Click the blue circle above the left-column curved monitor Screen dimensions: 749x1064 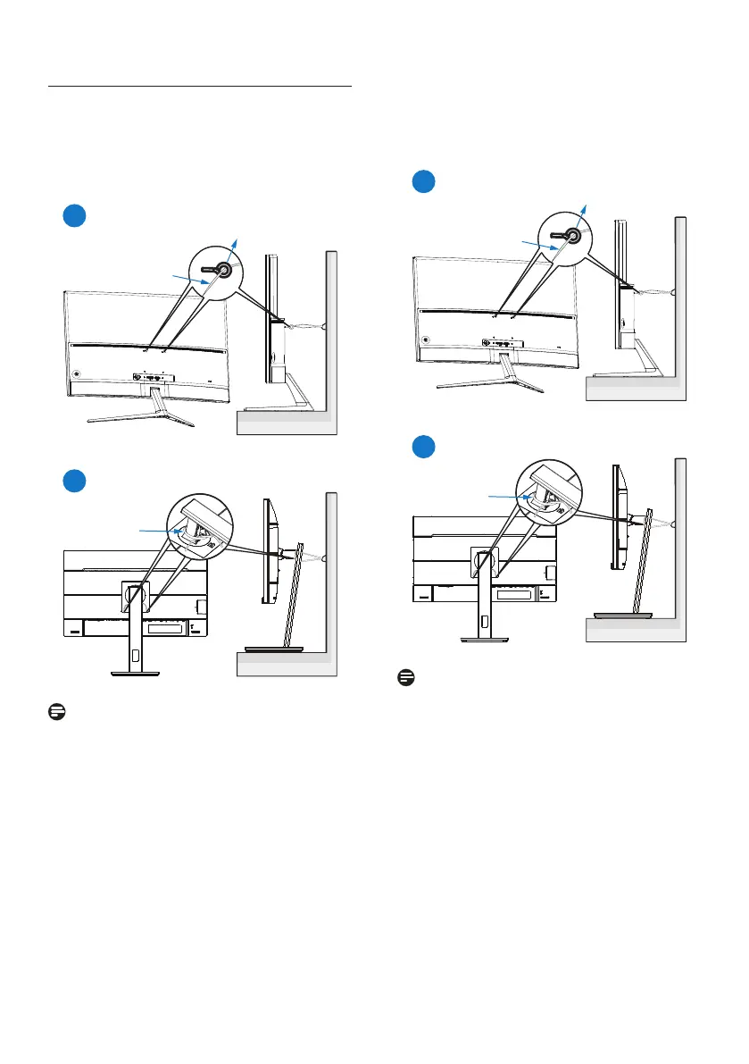[74, 216]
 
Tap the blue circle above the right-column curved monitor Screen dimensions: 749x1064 [424, 182]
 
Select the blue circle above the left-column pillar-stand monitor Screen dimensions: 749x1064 [74, 480]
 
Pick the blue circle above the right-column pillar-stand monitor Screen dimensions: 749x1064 [424, 446]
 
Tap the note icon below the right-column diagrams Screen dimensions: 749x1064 [404, 678]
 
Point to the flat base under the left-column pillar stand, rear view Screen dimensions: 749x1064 [134, 674]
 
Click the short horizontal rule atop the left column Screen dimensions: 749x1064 [199, 88]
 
